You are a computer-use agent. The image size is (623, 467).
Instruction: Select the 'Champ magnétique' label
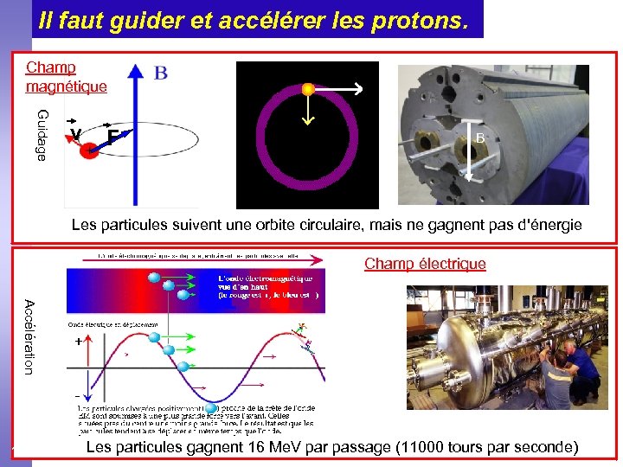click(66, 77)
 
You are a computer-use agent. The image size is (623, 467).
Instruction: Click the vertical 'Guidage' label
click(42, 134)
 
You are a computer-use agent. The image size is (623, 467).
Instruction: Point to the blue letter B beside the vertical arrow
click(161, 74)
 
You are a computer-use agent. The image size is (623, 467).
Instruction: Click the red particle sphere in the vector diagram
click(90, 150)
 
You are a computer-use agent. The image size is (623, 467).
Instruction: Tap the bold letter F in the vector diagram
click(112, 137)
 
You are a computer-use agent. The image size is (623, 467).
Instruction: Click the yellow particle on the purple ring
click(307, 88)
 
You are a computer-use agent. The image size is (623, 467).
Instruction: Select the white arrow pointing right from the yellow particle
click(337, 88)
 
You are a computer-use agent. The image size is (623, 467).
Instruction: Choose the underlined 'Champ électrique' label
click(425, 264)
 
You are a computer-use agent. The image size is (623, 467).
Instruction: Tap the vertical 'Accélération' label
click(29, 336)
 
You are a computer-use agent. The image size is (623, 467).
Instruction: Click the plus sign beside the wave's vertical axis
click(79, 342)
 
